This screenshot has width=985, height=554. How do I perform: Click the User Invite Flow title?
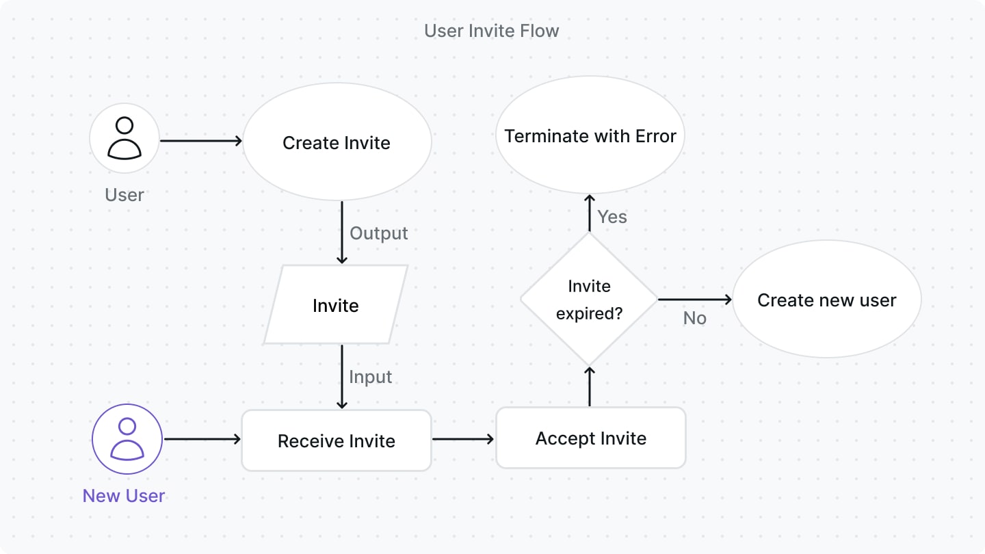(x=491, y=31)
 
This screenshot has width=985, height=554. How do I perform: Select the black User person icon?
(x=124, y=138)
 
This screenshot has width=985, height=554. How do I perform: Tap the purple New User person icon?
(x=127, y=439)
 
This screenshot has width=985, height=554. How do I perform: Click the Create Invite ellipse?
(x=337, y=143)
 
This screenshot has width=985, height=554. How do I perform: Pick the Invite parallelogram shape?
(x=336, y=305)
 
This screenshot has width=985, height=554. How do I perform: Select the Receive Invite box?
(x=337, y=440)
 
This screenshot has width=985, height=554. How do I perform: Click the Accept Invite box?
(x=590, y=438)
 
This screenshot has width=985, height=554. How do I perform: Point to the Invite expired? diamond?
(x=589, y=300)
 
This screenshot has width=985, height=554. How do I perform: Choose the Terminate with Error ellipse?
(x=590, y=136)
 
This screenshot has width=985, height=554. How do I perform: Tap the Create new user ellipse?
(x=826, y=300)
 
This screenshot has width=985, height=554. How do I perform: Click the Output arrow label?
(x=378, y=233)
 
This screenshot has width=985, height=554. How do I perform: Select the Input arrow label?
(x=370, y=377)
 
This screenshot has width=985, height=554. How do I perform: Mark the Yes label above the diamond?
(x=612, y=217)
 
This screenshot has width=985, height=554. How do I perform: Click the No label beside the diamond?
(x=694, y=318)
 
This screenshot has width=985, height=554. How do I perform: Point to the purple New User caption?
(x=124, y=496)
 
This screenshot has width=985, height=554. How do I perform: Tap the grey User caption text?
(x=124, y=195)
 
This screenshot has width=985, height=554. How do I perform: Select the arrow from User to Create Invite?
(x=201, y=141)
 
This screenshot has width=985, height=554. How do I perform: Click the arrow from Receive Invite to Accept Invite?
(x=463, y=439)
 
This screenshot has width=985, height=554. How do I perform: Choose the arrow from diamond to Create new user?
(x=694, y=299)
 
